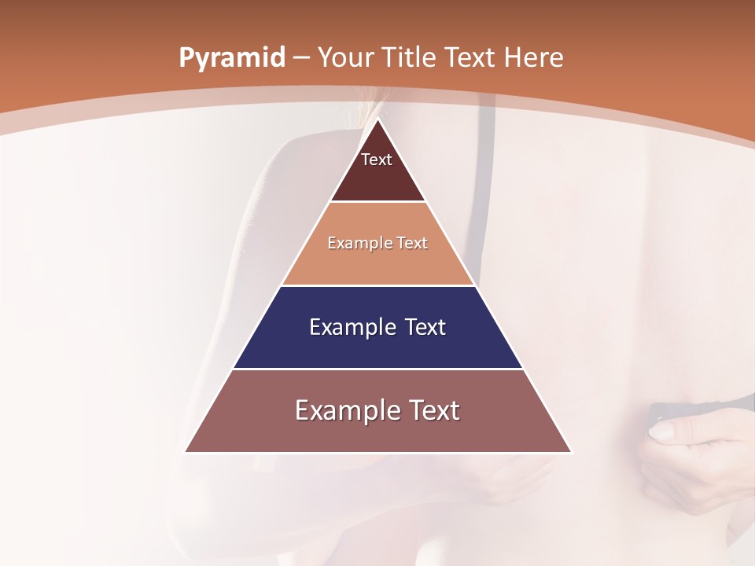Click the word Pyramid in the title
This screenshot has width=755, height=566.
coord(232,57)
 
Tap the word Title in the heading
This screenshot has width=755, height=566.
coord(414,57)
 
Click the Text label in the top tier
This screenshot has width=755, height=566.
coord(377,160)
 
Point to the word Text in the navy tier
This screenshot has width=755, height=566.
coord(425,327)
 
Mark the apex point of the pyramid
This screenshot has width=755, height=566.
coord(378,119)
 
